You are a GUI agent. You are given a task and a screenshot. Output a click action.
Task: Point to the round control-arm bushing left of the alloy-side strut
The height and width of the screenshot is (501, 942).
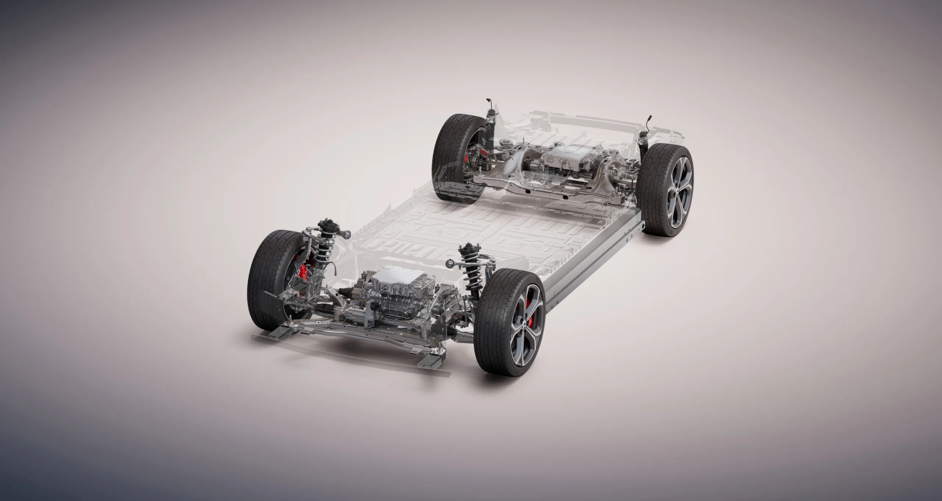pos(450,263)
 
